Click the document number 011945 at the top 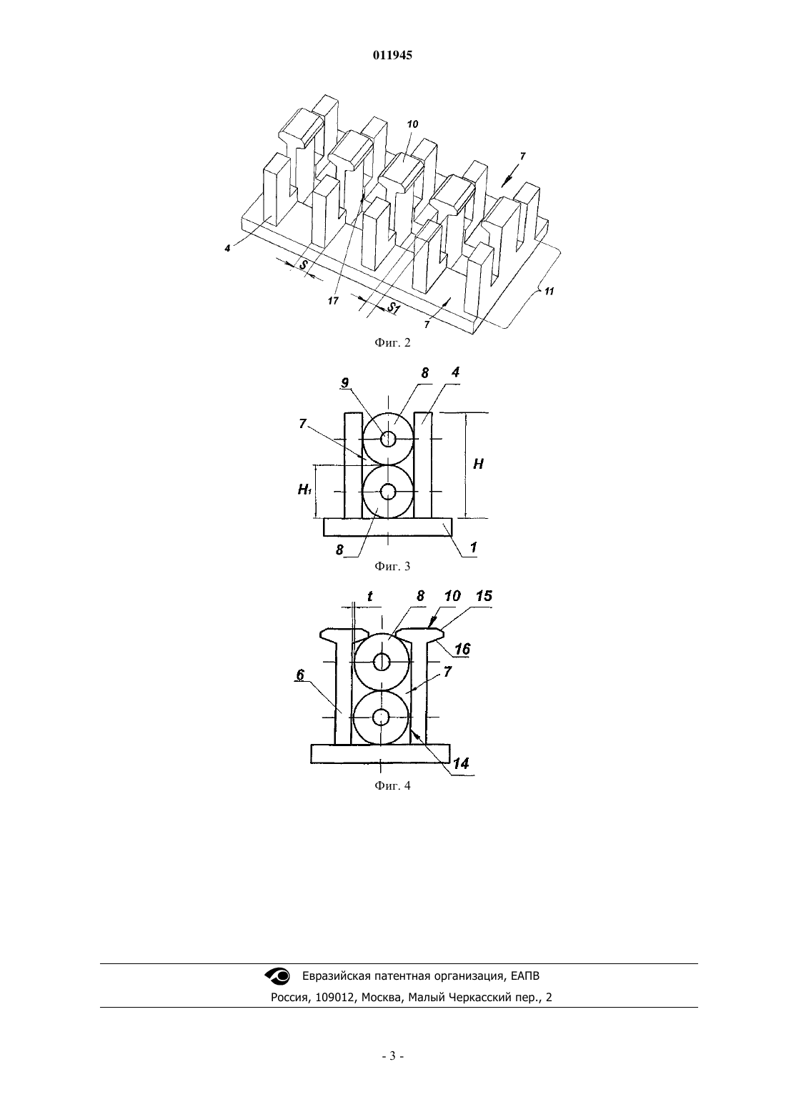pyautogui.click(x=392, y=56)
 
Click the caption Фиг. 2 pyautogui.click(x=392, y=342)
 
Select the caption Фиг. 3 pyautogui.click(x=392, y=567)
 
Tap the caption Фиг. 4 pyautogui.click(x=392, y=786)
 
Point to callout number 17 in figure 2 pyautogui.click(x=333, y=301)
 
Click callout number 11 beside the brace pyautogui.click(x=549, y=292)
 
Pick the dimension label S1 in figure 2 pyautogui.click(x=394, y=308)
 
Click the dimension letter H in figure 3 pyautogui.click(x=478, y=464)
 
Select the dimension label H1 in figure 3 pyautogui.click(x=304, y=490)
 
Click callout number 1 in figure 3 pyautogui.click(x=473, y=547)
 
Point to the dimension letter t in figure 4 pyautogui.click(x=370, y=596)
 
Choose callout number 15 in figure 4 pyautogui.click(x=484, y=596)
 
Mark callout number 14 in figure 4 pyautogui.click(x=461, y=763)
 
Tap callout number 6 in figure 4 pyautogui.click(x=300, y=675)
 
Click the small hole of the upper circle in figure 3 pyautogui.click(x=388, y=439)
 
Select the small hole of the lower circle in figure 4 pyautogui.click(x=381, y=716)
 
